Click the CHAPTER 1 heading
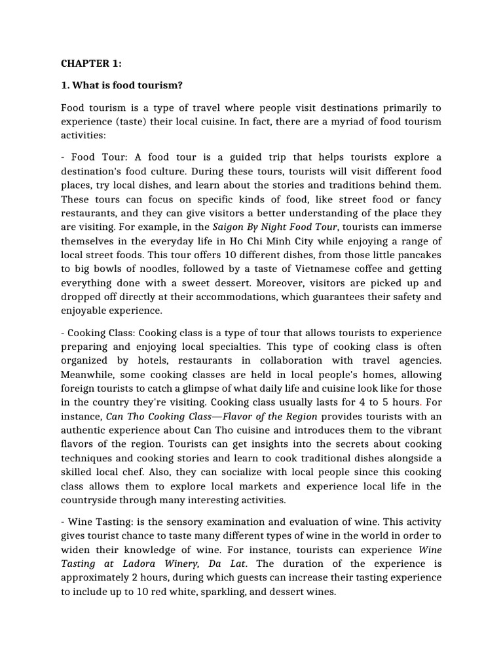click(x=91, y=64)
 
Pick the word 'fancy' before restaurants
click(x=427, y=199)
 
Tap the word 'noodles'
click(x=165, y=269)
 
